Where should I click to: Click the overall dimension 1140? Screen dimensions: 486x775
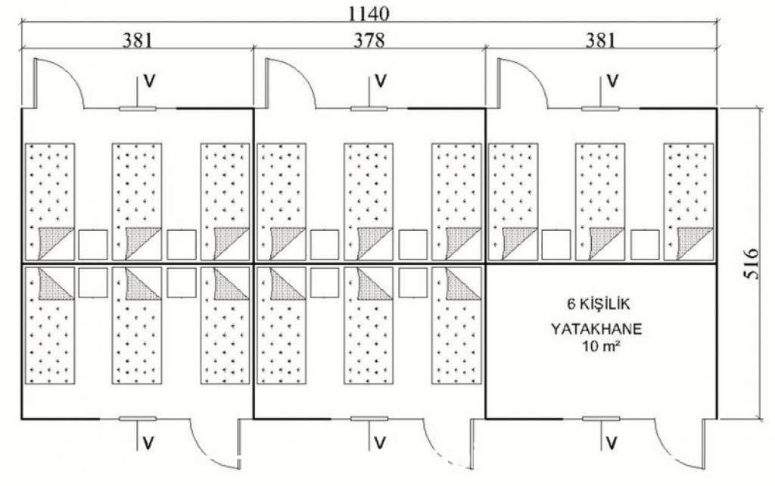coord(369,13)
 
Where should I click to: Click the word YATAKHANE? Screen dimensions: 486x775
coord(598,330)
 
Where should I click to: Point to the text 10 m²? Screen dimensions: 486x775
coord(598,347)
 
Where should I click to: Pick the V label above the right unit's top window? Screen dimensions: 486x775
coord(614,79)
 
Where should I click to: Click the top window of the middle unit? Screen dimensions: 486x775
coord(369,108)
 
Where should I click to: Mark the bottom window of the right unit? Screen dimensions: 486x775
coord(601,418)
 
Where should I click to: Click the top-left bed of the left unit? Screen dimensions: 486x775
coord(49,200)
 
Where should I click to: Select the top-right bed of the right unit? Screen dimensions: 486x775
coord(689,200)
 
